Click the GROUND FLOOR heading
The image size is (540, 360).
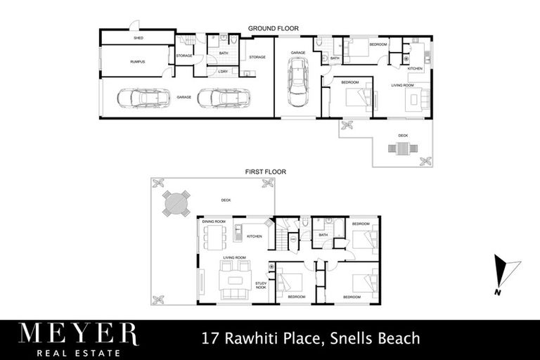point(274,29)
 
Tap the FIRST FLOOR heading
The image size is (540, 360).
point(265,172)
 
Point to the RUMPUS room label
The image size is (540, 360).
point(137,63)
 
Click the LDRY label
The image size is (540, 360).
point(223,71)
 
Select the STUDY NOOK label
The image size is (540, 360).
point(260,285)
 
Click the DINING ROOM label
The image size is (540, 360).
point(214,222)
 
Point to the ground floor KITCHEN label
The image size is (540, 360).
point(415,68)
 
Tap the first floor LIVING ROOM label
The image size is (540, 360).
point(234,258)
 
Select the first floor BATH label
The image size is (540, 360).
point(323,235)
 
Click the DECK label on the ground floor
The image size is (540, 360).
point(403,134)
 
